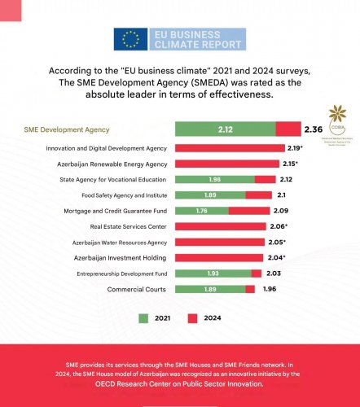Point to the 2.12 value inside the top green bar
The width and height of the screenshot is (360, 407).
pos(226,129)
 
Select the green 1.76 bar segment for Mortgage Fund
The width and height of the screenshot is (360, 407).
pos(202,211)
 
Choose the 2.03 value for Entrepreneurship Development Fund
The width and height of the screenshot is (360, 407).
pos(273,274)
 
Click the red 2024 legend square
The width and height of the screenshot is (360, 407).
pos(195,318)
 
